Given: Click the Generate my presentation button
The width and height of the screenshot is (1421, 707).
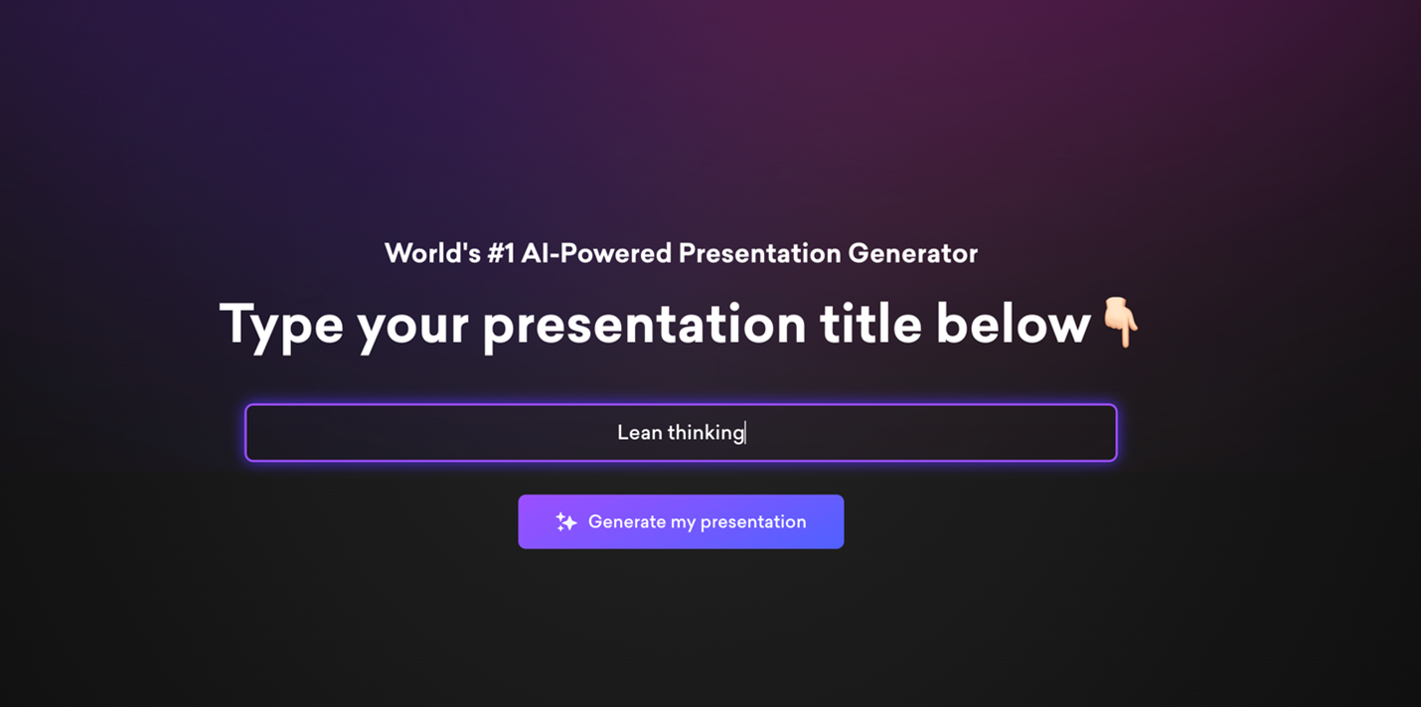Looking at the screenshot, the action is click(681, 522).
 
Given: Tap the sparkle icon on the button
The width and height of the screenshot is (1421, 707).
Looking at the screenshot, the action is click(565, 522).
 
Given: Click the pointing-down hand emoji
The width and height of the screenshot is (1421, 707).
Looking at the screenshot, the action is click(1120, 322).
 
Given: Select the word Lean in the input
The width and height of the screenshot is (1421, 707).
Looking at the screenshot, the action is click(640, 433).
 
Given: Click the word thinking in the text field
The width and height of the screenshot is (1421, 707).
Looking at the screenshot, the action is click(706, 433).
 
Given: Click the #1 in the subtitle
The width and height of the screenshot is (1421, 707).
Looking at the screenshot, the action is click(501, 253).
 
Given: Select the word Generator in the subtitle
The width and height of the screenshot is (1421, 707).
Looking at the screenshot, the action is click(912, 253).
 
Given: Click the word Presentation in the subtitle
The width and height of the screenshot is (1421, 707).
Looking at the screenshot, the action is click(759, 253).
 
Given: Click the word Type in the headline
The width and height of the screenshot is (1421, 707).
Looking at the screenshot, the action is click(281, 326).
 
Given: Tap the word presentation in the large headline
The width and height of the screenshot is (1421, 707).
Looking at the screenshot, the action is click(645, 326).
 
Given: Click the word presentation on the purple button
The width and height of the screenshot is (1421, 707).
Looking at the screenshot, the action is click(753, 522).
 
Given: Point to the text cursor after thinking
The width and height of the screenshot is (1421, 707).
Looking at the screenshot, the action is click(746, 433).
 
